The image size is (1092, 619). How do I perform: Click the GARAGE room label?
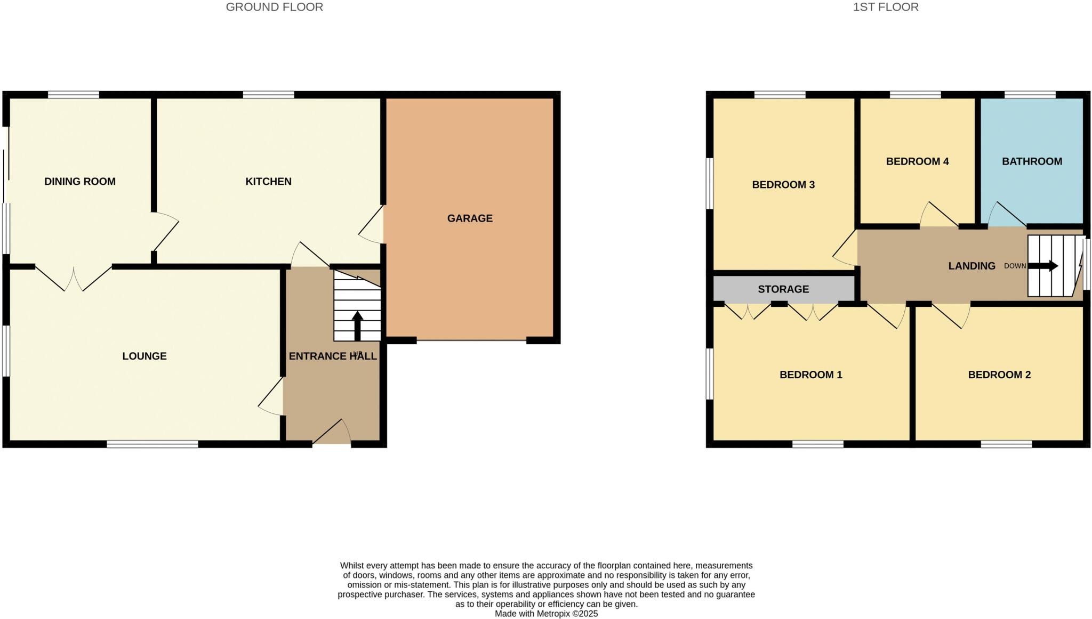pyautogui.click(x=470, y=218)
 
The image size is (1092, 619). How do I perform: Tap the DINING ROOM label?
pyautogui.click(x=80, y=181)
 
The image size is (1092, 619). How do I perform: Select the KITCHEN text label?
pyautogui.click(x=268, y=181)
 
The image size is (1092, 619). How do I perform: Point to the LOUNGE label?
pyautogui.click(x=144, y=356)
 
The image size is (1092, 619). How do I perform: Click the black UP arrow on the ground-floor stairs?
pyautogui.click(x=357, y=326)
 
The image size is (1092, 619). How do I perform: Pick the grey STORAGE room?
pyautogui.click(x=783, y=289)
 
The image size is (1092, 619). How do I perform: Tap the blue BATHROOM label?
pyautogui.click(x=1032, y=161)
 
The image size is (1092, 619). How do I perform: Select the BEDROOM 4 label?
pyautogui.click(x=917, y=161)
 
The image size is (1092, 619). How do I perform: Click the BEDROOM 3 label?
pyautogui.click(x=783, y=185)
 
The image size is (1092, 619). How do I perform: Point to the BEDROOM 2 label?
pyautogui.click(x=999, y=374)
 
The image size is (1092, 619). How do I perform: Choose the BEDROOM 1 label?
pyautogui.click(x=810, y=374)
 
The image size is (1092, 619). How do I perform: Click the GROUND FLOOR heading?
pyautogui.click(x=274, y=7)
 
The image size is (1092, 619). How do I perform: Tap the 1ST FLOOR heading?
pyautogui.click(x=886, y=7)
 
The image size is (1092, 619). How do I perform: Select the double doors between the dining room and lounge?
pyautogui.click(x=74, y=278)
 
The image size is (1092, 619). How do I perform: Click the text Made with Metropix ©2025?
pyautogui.click(x=546, y=614)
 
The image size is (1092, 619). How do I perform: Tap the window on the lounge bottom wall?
pyautogui.click(x=152, y=444)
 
